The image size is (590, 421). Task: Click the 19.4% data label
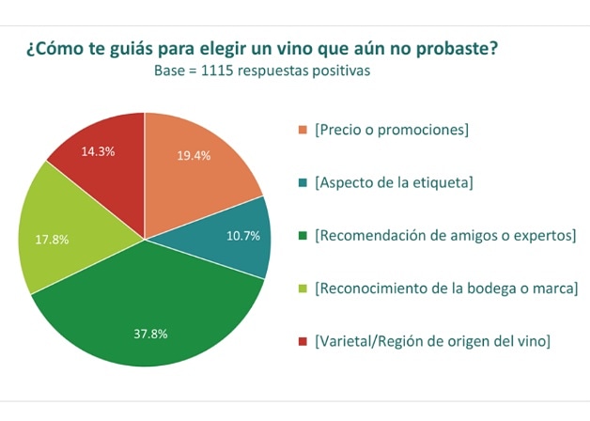[x=194, y=155]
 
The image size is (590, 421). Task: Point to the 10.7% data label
[x=243, y=236]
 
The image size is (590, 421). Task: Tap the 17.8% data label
[x=52, y=240]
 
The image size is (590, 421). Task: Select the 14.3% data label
[x=98, y=151]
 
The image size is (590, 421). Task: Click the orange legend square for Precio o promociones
[x=302, y=130]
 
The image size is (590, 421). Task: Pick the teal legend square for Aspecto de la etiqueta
[x=302, y=182]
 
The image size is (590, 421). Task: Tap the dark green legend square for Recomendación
[x=302, y=235]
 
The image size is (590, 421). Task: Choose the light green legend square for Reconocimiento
[x=302, y=288]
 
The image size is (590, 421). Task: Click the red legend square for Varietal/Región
[x=302, y=340]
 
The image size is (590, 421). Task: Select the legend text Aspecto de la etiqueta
[x=395, y=182]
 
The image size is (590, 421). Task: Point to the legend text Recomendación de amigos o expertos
[x=445, y=235]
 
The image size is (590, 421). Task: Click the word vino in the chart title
[x=293, y=48]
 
